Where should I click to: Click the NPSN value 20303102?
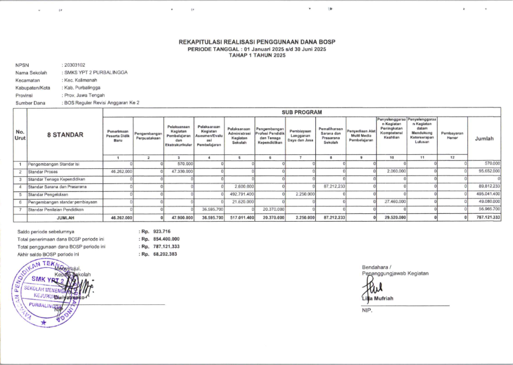(x=74, y=64)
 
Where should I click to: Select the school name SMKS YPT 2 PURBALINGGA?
(x=96, y=72)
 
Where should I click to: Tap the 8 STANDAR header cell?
(x=65, y=135)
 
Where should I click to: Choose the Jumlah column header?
(x=484, y=138)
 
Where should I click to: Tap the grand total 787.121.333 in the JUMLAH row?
(x=488, y=217)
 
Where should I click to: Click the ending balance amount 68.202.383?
(x=166, y=254)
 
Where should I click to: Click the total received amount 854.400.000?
(x=166, y=239)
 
